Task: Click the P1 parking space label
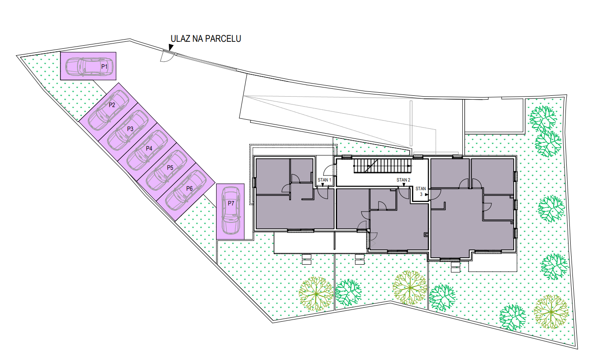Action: [104, 67]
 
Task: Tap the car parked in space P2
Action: [108, 110]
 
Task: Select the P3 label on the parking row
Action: [130, 129]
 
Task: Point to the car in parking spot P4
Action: [147, 150]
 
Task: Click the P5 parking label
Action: [170, 168]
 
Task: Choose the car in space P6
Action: [186, 190]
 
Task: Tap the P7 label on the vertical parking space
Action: [231, 203]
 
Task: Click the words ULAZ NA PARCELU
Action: [206, 39]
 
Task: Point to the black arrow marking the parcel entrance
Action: [171, 47]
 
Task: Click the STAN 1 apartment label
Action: [324, 180]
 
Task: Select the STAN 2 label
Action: [403, 180]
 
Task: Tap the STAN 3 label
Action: [421, 191]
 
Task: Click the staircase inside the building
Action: [383, 166]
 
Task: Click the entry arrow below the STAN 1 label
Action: [323, 185]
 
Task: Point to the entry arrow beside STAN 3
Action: [427, 195]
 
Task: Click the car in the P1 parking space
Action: [89, 67]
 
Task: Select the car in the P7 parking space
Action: [231, 211]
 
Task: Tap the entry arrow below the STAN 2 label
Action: [404, 185]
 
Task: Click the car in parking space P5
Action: [167, 170]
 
